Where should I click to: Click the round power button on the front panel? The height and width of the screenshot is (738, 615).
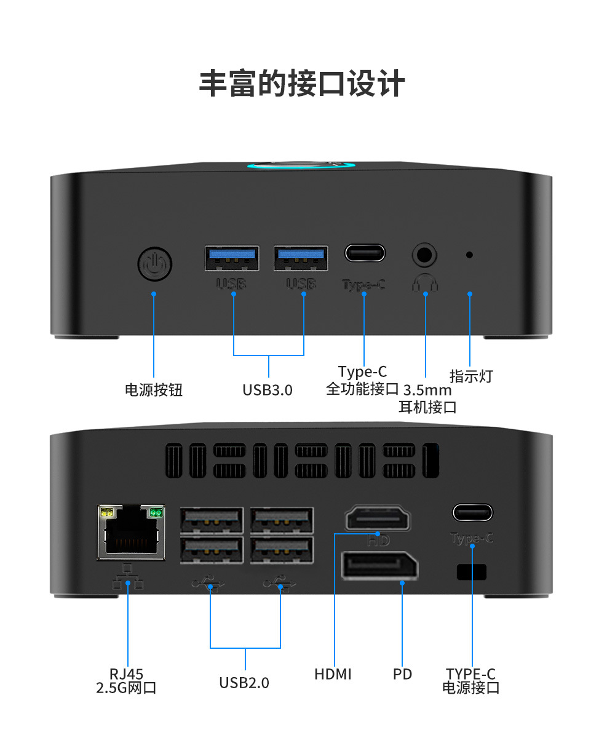(x=154, y=264)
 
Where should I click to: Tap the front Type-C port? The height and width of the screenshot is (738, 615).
(x=365, y=253)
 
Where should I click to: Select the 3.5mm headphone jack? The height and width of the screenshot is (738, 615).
(x=424, y=253)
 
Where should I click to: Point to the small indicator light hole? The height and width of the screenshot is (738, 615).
(x=469, y=254)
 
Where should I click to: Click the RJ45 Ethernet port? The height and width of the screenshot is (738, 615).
(x=131, y=532)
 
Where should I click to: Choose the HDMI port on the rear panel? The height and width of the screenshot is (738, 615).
(x=378, y=518)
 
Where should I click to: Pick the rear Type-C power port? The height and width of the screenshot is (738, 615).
(x=472, y=512)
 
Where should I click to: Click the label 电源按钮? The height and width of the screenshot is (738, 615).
(x=154, y=390)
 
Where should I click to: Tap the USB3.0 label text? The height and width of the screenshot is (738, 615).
(x=268, y=390)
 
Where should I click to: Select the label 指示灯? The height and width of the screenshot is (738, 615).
(x=471, y=376)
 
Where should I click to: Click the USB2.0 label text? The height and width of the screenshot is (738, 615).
(x=244, y=683)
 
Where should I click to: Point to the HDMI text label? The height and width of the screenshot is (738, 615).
(x=333, y=674)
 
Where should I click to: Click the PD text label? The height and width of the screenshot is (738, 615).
(x=402, y=674)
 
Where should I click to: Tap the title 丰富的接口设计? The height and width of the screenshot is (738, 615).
(x=302, y=84)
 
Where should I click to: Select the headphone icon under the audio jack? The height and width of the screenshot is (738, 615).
(x=425, y=282)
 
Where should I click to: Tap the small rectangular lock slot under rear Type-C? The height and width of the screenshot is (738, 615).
(x=472, y=572)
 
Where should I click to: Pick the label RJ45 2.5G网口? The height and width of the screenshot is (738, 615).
(x=127, y=681)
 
